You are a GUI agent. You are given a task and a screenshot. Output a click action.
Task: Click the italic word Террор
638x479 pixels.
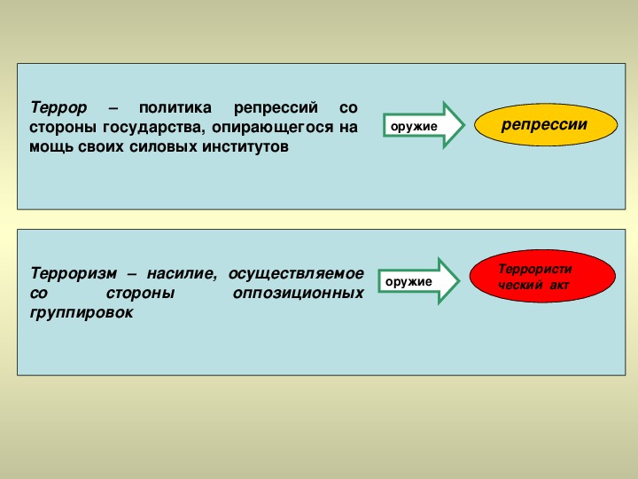click(x=58, y=108)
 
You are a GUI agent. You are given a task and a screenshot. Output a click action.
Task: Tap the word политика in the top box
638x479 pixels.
click(x=175, y=108)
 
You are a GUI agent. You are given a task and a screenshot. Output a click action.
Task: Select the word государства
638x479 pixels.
click(x=152, y=128)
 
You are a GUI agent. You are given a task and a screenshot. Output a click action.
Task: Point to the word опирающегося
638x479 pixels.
click(x=273, y=128)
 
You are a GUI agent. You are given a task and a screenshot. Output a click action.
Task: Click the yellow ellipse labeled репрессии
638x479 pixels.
click(x=546, y=125)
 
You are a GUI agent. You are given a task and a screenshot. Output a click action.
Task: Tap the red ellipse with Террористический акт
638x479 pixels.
click(x=542, y=276)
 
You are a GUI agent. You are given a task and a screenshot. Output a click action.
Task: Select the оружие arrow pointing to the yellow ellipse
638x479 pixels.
click(x=424, y=125)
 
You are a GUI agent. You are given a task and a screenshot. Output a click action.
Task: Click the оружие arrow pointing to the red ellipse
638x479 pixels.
click(x=418, y=281)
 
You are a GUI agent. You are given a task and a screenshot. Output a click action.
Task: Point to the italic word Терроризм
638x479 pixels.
click(x=74, y=273)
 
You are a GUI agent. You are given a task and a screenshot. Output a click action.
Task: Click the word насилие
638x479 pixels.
click(x=181, y=273)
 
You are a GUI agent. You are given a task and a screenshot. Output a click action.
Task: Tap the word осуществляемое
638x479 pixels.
click(x=296, y=274)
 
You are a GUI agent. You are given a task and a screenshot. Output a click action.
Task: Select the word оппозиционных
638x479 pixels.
click(x=299, y=294)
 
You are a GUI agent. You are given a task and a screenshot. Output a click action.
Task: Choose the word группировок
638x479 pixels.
click(x=82, y=313)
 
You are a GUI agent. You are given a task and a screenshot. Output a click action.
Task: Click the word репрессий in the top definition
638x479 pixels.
click(x=276, y=108)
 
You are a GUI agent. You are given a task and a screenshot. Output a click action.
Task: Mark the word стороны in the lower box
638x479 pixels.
click(x=140, y=294)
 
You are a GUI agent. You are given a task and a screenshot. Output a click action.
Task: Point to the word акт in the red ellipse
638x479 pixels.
click(x=558, y=285)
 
